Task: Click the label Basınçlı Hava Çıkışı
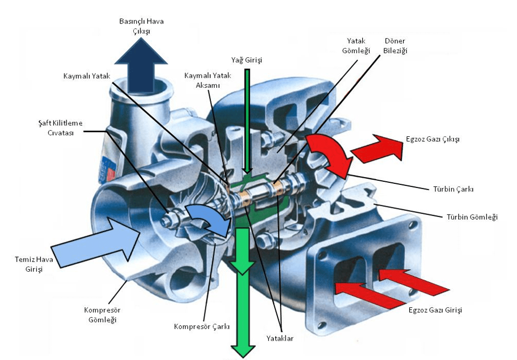click(x=142, y=26)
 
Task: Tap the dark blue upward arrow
click(x=141, y=65)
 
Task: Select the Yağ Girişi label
click(x=247, y=60)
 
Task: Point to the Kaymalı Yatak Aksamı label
click(x=208, y=80)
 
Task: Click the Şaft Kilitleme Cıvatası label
click(x=60, y=128)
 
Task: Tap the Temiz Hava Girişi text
click(x=34, y=264)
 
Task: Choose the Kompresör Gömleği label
click(x=102, y=315)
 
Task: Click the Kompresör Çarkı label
click(x=202, y=326)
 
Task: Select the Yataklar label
click(x=280, y=338)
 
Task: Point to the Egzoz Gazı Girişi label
click(x=435, y=310)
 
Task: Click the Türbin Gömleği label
click(x=472, y=217)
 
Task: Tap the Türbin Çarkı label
click(x=453, y=189)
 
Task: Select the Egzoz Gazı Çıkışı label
click(x=433, y=139)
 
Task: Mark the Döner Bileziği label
click(x=395, y=45)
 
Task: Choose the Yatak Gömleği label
click(x=356, y=45)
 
